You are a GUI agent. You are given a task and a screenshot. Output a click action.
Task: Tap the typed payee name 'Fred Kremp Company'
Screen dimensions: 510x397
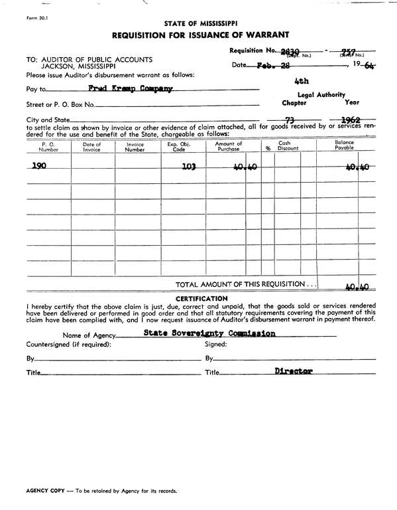point(130,88)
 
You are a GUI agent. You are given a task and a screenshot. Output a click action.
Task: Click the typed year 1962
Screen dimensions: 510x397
point(349,119)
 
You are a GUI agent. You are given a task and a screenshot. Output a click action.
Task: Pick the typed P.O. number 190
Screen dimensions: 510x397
point(39,166)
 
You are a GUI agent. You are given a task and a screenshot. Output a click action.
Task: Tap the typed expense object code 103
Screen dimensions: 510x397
point(188,167)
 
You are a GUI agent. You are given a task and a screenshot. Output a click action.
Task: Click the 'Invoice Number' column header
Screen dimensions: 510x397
point(135,147)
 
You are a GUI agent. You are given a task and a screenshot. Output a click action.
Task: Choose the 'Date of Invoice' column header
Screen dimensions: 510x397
point(92,147)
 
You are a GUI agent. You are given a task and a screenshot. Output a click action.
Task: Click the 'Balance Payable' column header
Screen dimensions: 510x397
point(345,145)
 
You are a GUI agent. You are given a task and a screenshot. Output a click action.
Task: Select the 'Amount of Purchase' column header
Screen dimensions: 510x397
point(229,147)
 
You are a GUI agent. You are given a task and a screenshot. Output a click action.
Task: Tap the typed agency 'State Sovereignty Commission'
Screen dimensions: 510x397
point(209,333)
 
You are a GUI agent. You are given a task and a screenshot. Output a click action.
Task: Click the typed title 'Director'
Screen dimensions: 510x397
point(293,372)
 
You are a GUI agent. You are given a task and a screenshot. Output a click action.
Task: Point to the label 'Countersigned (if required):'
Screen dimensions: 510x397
point(68,345)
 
